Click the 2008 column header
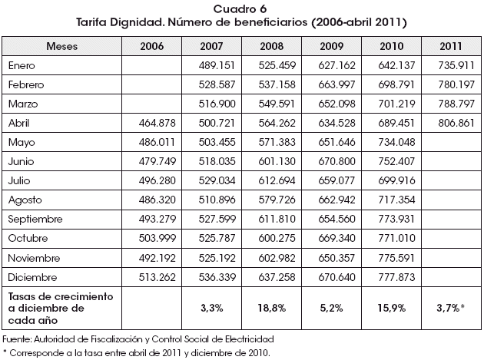pyautogui.click(x=272, y=46)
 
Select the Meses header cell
pyautogui.click(x=61, y=46)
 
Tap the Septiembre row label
pyautogui.click(x=35, y=219)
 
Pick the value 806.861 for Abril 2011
pyautogui.click(x=456, y=123)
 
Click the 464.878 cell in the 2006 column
pyautogui.click(x=157, y=123)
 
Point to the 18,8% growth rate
pyautogui.click(x=272, y=308)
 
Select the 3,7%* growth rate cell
pyautogui.click(x=451, y=308)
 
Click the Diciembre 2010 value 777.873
pyautogui.click(x=396, y=277)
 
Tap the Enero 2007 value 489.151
pyautogui.click(x=217, y=65)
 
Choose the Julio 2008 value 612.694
pyautogui.click(x=277, y=180)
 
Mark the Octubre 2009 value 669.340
pyautogui.click(x=336, y=238)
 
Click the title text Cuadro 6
pyautogui.click(x=240, y=9)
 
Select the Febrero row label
pyautogui.click(x=26, y=84)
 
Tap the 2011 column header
pyautogui.click(x=451, y=46)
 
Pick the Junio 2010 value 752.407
pyautogui.click(x=396, y=161)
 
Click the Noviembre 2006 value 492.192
pyautogui.click(x=157, y=258)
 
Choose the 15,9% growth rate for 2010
pyautogui.click(x=391, y=308)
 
